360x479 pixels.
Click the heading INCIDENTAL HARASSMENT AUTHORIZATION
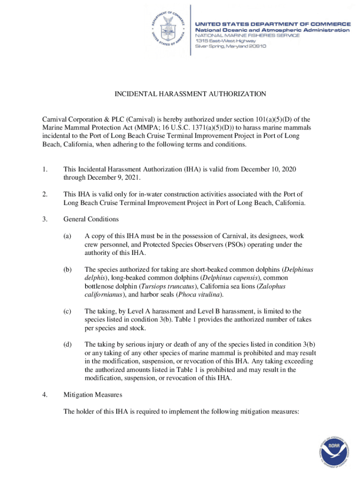(190, 94)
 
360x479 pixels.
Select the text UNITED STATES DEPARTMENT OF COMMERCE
(273, 24)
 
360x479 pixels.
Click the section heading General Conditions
(91, 219)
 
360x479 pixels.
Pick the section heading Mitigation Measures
(93, 395)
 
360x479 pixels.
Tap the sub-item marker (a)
(68, 236)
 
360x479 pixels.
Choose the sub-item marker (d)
(68, 344)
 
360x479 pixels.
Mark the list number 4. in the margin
(45, 395)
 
